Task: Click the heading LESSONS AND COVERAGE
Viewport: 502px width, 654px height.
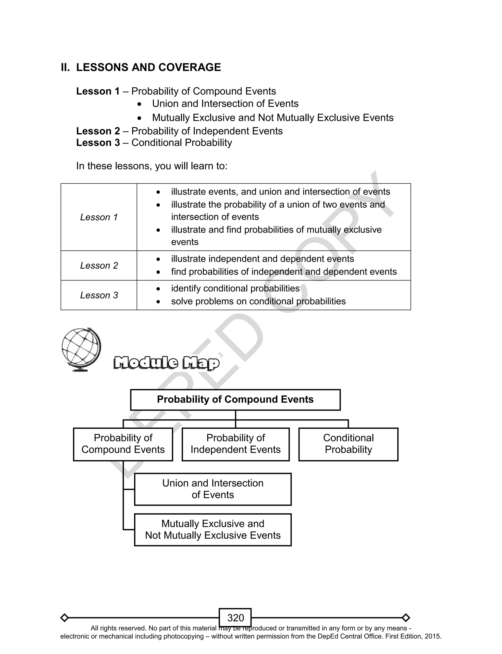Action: pos(148,67)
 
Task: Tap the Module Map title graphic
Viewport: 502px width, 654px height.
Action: pos(166,363)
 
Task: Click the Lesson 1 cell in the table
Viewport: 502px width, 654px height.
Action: pos(99,217)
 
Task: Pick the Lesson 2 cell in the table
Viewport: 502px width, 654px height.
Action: pos(99,265)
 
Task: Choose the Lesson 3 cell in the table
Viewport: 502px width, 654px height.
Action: pos(99,295)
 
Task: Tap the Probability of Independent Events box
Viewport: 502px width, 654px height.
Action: pos(236,444)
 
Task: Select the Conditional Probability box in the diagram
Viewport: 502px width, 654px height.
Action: pos(348,444)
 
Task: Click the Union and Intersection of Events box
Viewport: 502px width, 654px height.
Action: pos(213,489)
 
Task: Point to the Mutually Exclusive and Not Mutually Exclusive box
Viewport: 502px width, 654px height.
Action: pos(213,530)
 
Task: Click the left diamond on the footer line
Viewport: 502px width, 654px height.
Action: pos(64,617)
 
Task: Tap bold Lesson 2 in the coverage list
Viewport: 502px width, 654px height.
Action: pos(98,131)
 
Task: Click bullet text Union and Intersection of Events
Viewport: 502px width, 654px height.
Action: pos(225,104)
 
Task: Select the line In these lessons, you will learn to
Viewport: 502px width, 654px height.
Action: pos(151,166)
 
